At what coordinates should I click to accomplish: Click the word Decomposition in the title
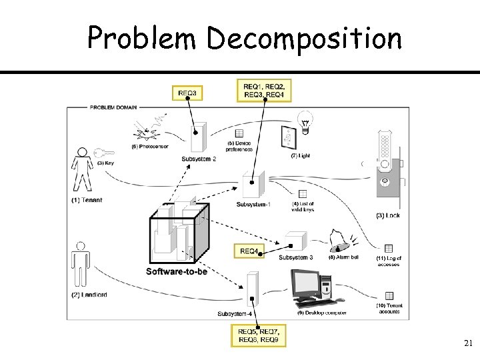pyautogui.click(x=304, y=38)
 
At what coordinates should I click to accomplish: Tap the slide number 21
pyautogui.click(x=467, y=343)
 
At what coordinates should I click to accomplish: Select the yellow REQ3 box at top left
pyautogui.click(x=187, y=93)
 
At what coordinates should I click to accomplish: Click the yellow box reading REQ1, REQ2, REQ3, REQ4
pyautogui.click(x=264, y=90)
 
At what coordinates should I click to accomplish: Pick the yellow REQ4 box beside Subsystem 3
pyautogui.click(x=249, y=251)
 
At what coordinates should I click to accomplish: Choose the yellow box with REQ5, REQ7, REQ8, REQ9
pyautogui.click(x=259, y=335)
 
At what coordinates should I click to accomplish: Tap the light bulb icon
pyautogui.click(x=306, y=121)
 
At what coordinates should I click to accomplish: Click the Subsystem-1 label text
pyautogui.click(x=253, y=204)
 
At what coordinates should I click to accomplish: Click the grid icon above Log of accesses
pyautogui.click(x=389, y=248)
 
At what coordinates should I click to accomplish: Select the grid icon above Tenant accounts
pyautogui.click(x=389, y=295)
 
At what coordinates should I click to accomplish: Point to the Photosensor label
pyautogui.click(x=150, y=146)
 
